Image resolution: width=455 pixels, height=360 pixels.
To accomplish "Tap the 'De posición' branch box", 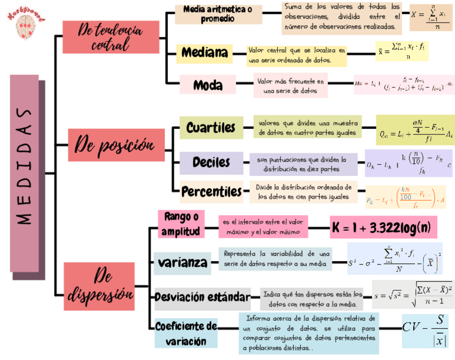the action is coord(116,144).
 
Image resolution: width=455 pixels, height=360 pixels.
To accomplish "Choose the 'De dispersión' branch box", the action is coord(99,286).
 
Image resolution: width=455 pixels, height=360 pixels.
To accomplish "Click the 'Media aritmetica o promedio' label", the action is coord(218,14).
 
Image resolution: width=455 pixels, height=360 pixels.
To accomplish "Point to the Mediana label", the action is coord(204,53).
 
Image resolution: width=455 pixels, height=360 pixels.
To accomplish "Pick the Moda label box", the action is coord(208,85).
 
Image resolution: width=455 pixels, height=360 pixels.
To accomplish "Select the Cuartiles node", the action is coord(210,128).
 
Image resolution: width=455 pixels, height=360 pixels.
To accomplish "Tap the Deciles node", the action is coord(211,162).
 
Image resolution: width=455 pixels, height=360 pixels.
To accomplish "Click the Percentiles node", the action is coord(211,192).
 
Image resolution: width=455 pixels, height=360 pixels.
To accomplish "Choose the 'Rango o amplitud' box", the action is coord(181,224).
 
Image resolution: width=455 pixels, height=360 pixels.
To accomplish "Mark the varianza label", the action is coord(182,263).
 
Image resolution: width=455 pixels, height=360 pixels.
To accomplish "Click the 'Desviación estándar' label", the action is coord(202,297).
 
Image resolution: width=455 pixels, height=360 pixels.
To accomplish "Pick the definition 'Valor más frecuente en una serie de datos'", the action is coord(290,87).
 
